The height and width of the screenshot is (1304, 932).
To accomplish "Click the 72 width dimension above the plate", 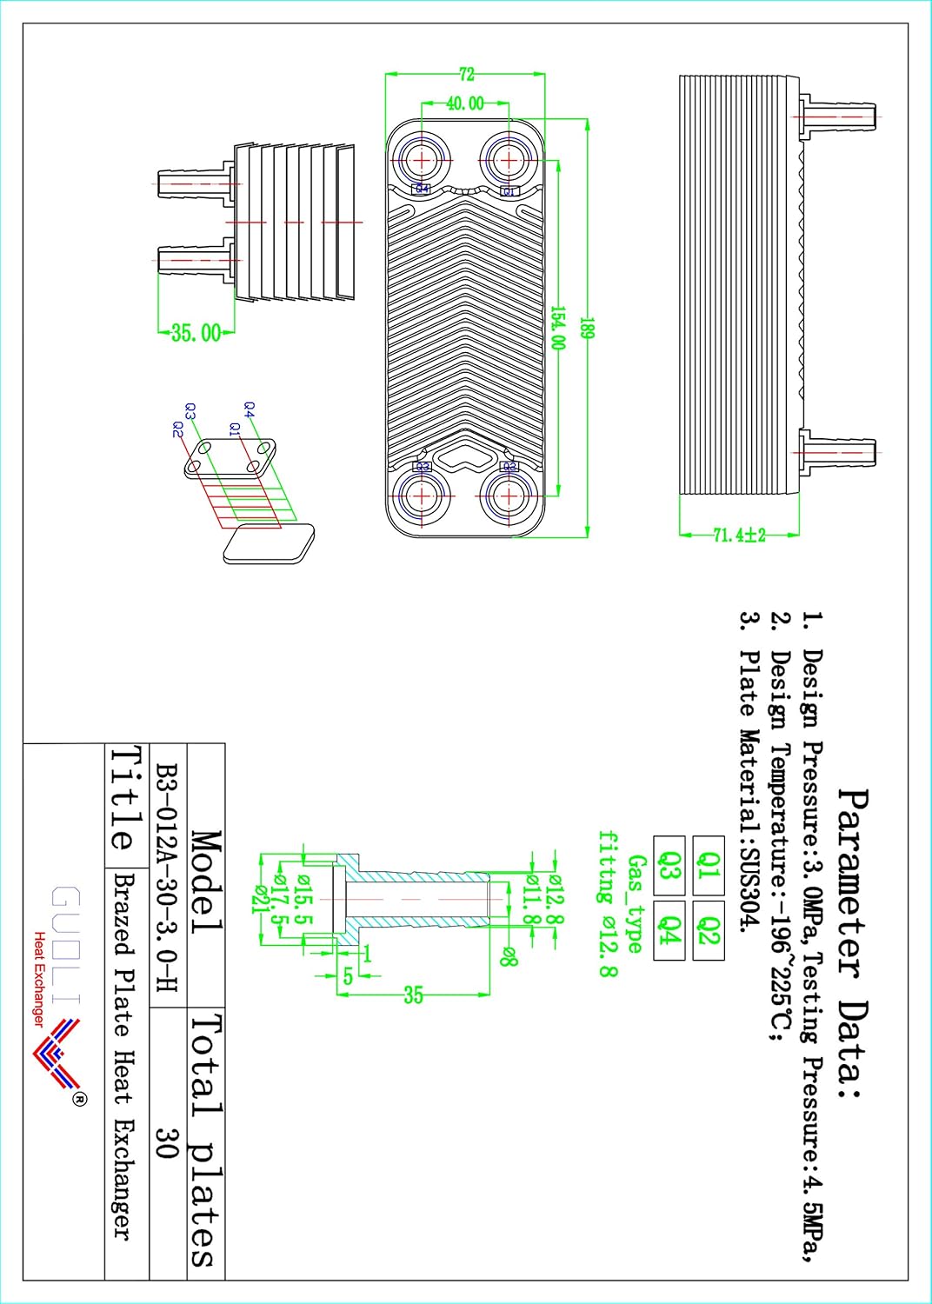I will point(467,75).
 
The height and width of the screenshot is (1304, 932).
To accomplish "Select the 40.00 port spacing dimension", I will point(465,103).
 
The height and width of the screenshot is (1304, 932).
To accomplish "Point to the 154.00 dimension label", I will point(557,328).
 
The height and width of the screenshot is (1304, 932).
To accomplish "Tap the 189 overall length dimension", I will point(587,329).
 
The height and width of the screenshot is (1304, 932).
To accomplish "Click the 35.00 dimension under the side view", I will point(196,333).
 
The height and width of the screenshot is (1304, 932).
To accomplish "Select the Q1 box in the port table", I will point(709,866).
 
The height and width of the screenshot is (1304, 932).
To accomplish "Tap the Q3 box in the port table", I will point(669,866).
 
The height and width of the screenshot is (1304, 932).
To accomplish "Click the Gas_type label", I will point(636,904).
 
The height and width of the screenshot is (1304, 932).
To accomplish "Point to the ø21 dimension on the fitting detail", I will point(259,899).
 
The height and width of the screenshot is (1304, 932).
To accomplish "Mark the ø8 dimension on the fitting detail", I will point(509,957).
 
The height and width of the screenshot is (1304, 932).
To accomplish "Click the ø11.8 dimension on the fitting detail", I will point(532,901).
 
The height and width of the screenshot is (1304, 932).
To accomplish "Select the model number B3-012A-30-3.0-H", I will point(167,878).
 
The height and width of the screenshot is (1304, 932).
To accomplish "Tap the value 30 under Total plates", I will point(167,1143).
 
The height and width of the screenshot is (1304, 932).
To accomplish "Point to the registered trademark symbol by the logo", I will point(79,1099).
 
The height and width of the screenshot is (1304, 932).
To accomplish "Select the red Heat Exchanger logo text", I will point(39,979).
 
